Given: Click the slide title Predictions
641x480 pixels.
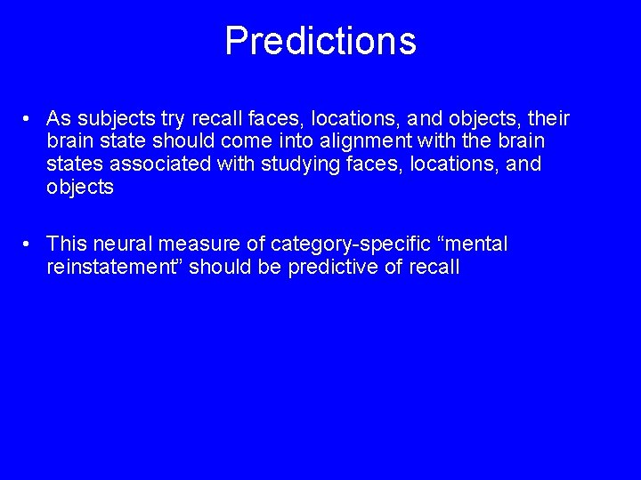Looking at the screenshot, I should point(320,41).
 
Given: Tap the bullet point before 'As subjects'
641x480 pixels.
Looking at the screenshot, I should point(29,119).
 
